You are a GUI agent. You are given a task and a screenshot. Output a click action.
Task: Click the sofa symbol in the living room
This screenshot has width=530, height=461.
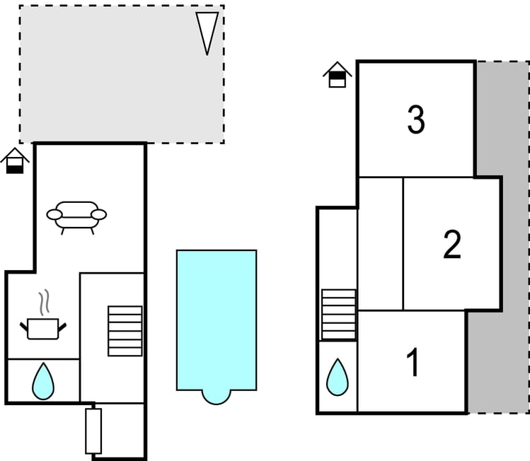click(76, 216)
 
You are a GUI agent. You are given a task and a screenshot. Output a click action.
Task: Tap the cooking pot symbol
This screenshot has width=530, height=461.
click(42, 328)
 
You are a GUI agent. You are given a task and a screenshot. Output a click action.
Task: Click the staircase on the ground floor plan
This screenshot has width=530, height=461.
click(125, 331)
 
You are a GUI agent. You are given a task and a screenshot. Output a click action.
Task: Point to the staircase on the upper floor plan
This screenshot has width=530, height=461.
click(338, 315)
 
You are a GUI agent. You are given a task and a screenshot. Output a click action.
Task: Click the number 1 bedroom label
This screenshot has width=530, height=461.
click(413, 363)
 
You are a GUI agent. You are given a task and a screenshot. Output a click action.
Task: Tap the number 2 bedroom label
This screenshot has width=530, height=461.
click(451, 245)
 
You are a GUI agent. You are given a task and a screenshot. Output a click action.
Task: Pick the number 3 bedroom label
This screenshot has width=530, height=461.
click(416, 120)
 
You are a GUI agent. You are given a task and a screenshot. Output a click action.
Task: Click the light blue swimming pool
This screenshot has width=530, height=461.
click(216, 318)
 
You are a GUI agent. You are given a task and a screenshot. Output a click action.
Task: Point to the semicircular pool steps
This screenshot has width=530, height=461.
click(216, 395)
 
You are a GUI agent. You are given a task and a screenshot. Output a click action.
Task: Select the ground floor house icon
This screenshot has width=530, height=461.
click(14, 161)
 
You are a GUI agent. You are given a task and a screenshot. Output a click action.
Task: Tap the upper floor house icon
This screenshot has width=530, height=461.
click(338, 75)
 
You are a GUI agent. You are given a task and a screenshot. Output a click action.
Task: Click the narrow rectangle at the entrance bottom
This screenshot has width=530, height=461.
click(93, 431)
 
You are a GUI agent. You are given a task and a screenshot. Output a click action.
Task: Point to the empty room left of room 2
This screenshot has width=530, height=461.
click(380, 244)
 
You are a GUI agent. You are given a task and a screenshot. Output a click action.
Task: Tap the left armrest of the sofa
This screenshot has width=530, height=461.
click(54, 214)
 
